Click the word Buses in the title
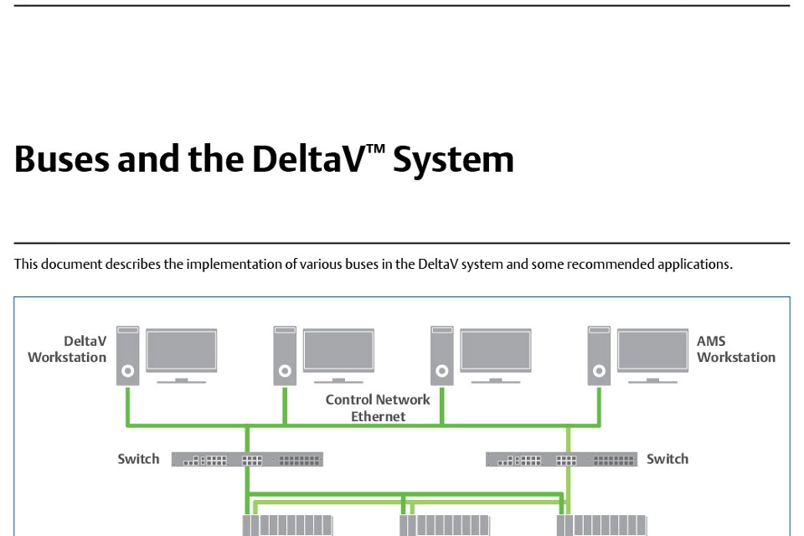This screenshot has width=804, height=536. (62, 158)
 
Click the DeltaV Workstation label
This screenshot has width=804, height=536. (68, 349)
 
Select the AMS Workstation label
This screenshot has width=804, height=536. (735, 349)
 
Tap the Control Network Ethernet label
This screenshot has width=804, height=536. (378, 408)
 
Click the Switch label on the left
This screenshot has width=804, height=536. (138, 459)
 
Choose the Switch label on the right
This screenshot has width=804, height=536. (667, 459)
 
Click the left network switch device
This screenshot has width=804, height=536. (247, 459)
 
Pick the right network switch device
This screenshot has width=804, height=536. (561, 459)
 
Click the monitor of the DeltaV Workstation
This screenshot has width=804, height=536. (182, 353)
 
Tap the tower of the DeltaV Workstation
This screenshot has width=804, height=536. (127, 356)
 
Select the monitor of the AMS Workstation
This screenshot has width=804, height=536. (652, 353)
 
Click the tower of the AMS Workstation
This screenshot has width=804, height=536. (599, 356)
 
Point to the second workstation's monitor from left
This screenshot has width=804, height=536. (338, 353)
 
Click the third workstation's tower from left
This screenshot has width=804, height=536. (441, 356)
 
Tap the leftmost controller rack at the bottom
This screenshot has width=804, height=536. (287, 525)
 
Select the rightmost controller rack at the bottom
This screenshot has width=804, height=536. (601, 525)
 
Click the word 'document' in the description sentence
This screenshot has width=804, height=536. (72, 265)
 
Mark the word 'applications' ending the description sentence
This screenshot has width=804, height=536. (694, 265)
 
